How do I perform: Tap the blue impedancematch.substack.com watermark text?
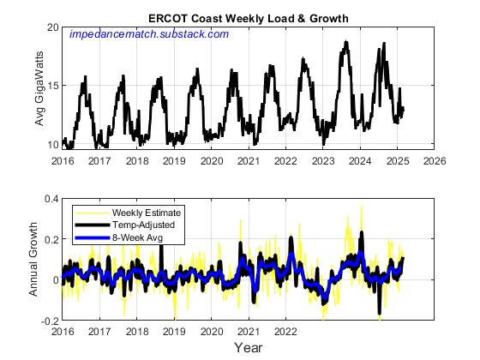click(148, 34)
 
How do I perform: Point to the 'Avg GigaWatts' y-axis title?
click(40, 86)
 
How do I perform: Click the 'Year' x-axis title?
click(249, 348)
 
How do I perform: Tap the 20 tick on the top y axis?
click(52, 28)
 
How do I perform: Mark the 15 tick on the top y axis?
click(52, 86)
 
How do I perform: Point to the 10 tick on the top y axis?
click(52, 144)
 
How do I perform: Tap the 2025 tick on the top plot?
click(398, 160)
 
